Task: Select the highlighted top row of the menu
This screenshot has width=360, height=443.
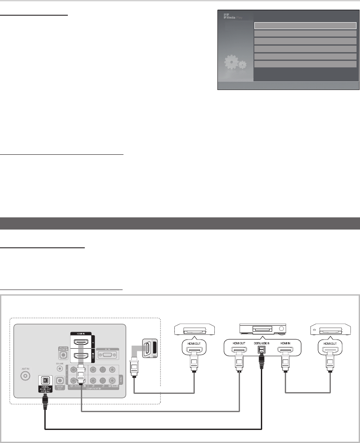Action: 305,25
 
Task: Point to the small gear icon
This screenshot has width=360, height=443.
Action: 242,65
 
